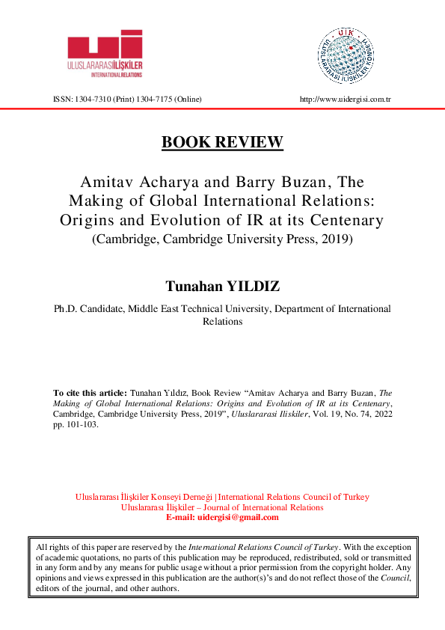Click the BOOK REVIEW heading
(222, 142)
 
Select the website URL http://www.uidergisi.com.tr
(346, 100)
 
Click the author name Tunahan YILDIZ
(222, 287)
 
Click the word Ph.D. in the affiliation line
(66, 308)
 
